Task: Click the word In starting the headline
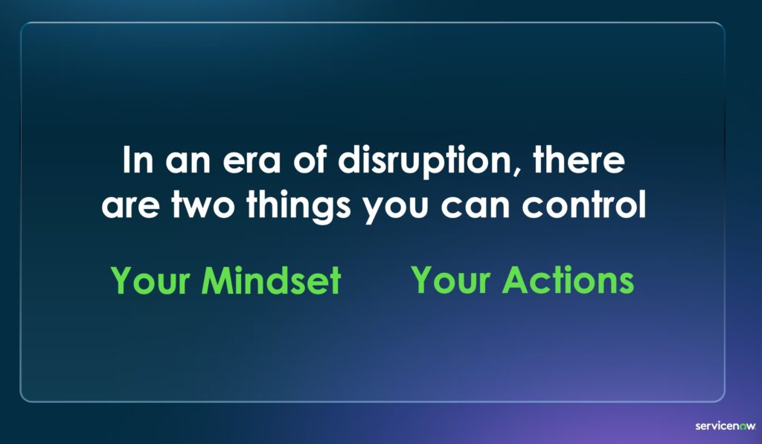click(138, 161)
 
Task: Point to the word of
click(309, 159)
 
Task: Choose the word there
click(578, 159)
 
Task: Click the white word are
click(131, 207)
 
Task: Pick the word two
click(202, 205)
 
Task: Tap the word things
click(298, 206)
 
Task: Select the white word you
click(396, 210)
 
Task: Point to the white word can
click(475, 207)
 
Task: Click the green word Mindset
click(271, 280)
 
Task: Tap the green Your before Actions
click(450, 280)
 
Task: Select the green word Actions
click(568, 280)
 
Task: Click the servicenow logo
click(726, 426)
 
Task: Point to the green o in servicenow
click(743, 426)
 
